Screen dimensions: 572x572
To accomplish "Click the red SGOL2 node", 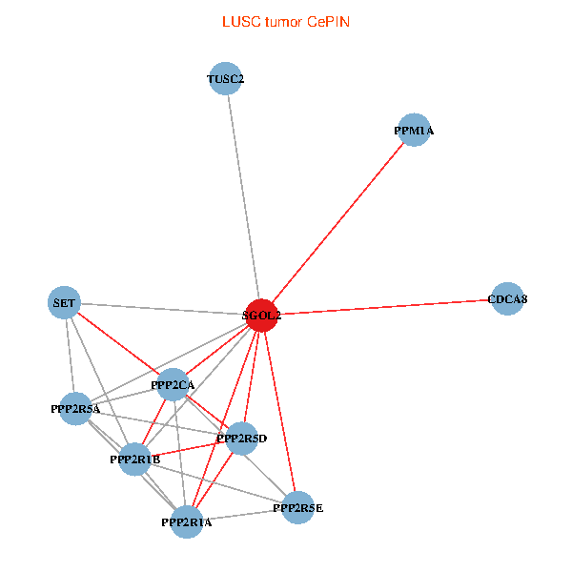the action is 261,316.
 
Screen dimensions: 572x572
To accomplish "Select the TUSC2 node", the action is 225,78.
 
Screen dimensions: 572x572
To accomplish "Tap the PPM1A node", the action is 414,130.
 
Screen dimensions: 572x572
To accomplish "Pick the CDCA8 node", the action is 507,298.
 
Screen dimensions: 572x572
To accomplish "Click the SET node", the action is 64,302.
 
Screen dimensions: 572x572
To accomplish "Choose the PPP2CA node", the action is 173,384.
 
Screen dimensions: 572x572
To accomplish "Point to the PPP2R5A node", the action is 75,409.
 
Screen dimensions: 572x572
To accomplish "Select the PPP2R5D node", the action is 241,439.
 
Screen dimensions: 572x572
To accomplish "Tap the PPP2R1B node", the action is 135,460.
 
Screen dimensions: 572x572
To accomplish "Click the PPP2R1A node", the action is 187,522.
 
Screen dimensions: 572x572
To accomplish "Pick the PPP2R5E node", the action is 298,507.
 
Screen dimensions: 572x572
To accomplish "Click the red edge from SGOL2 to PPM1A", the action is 337,223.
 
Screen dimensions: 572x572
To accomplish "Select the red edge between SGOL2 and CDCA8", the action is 384,307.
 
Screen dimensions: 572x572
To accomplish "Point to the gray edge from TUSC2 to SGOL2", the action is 244,197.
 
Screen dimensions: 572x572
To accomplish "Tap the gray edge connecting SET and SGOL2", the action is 163,309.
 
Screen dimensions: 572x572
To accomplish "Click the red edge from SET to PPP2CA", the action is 118,343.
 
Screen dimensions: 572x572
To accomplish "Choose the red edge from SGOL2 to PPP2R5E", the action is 279,412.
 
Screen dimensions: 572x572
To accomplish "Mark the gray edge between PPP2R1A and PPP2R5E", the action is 242,515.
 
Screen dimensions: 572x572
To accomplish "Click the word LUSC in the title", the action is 241,22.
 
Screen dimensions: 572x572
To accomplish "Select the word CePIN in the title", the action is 328,22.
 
